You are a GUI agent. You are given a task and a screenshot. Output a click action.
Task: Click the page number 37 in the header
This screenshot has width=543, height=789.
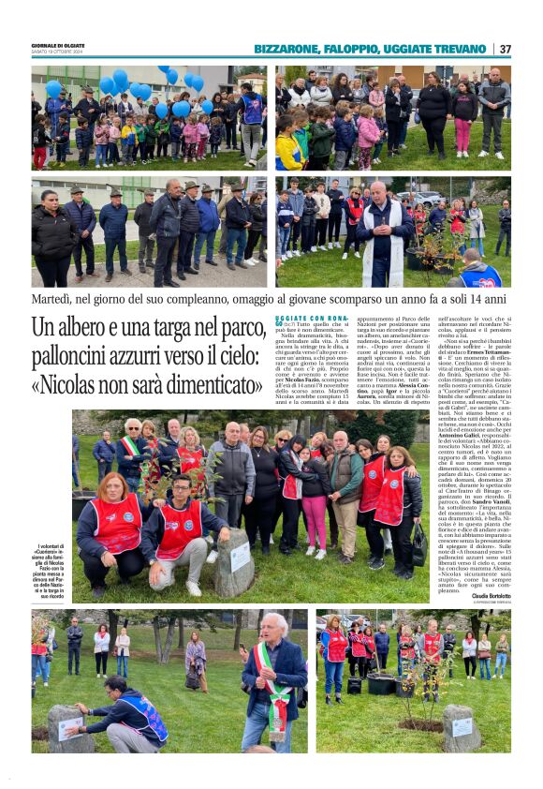point(505,49)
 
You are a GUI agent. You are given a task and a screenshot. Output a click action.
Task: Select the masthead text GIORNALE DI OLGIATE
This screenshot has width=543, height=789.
point(58,45)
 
